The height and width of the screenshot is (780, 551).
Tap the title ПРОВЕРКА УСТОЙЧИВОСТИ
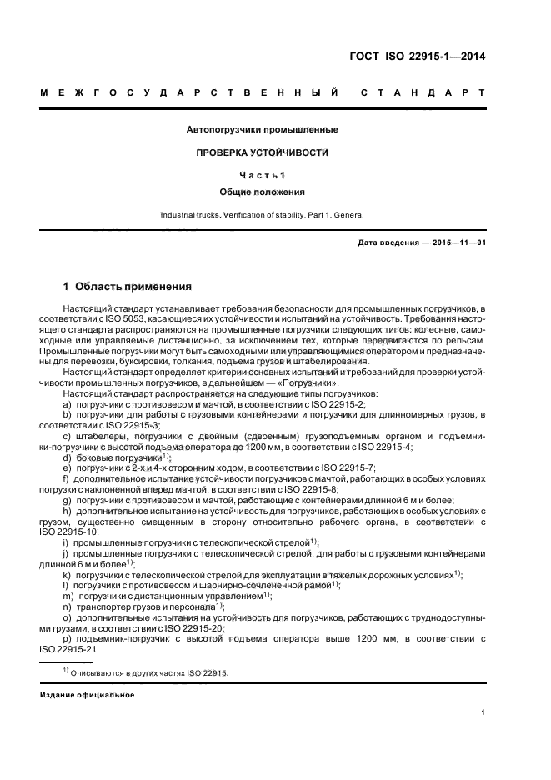[x=263, y=153]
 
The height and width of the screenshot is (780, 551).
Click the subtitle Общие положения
[x=263, y=192]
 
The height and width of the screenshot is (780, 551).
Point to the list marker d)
[x=68, y=458]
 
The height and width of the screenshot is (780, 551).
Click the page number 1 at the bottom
[x=483, y=712]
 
